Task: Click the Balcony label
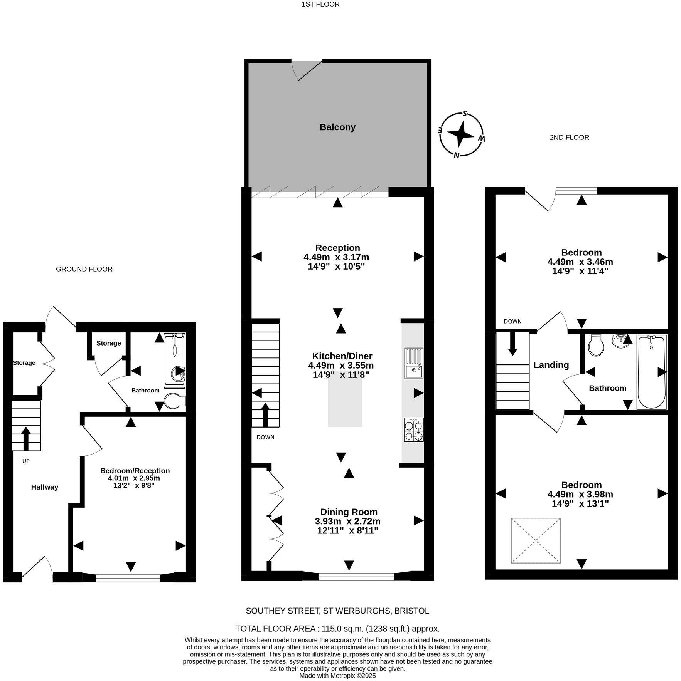pyautogui.click(x=337, y=127)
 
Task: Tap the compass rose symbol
pyautogui.click(x=461, y=135)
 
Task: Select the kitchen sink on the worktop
pyautogui.click(x=414, y=363)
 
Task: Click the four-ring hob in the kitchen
pyautogui.click(x=414, y=430)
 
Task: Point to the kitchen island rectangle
pyautogui.click(x=345, y=399)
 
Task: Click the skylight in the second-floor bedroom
pyautogui.click(x=535, y=540)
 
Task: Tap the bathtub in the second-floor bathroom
pyautogui.click(x=651, y=372)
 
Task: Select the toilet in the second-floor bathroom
pyautogui.click(x=596, y=345)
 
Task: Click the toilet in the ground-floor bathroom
pyautogui.click(x=174, y=401)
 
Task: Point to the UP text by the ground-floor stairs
pyautogui.click(x=26, y=461)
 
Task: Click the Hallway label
pyautogui.click(x=45, y=487)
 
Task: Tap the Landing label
pyautogui.click(x=551, y=365)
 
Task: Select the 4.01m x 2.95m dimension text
pyautogui.click(x=134, y=478)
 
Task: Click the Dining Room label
pyautogui.click(x=349, y=512)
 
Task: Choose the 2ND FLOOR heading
pyautogui.click(x=569, y=138)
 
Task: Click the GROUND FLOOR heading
pyautogui.click(x=84, y=269)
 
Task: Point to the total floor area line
pyautogui.click(x=337, y=629)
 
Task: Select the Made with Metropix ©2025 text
pyautogui.click(x=337, y=676)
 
